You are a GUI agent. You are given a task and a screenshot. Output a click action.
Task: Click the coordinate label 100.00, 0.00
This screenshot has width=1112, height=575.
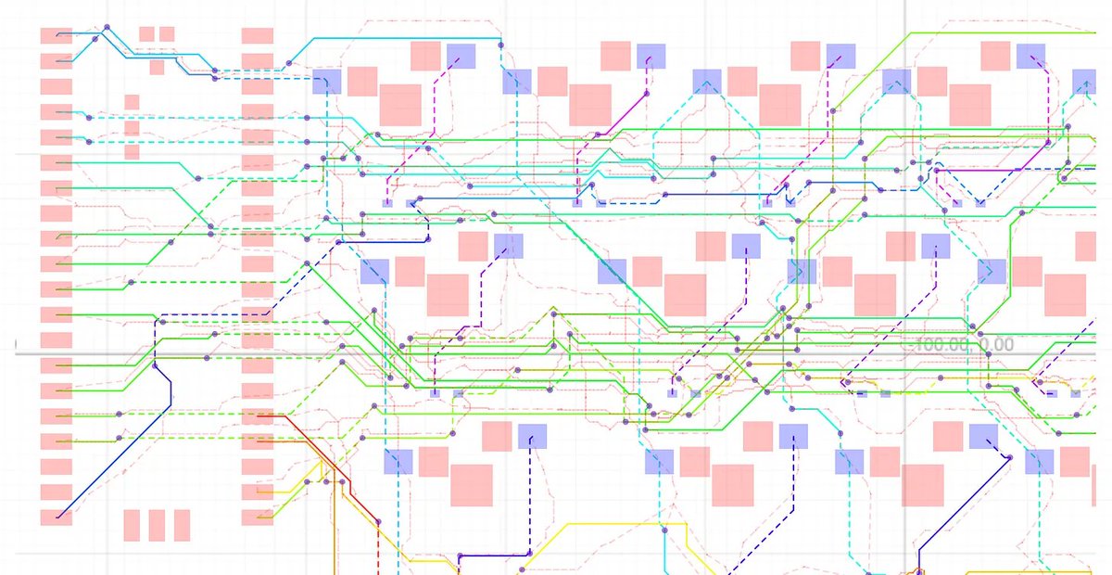coord(964,345)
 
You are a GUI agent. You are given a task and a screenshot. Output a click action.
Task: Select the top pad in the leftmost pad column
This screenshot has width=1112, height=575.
coord(56,36)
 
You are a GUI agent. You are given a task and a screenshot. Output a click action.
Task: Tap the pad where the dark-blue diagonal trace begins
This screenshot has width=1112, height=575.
coord(56,517)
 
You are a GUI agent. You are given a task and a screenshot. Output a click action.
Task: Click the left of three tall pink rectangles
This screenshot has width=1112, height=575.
coord(131,525)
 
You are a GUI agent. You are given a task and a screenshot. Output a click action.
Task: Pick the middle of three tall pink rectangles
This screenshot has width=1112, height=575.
coord(156,525)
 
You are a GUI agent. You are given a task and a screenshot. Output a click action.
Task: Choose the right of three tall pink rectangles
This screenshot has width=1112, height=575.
coord(182,525)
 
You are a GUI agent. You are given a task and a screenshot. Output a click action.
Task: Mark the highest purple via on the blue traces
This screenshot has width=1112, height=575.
coord(107,28)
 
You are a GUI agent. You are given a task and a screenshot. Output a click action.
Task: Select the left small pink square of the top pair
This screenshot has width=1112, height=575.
coord(146,34)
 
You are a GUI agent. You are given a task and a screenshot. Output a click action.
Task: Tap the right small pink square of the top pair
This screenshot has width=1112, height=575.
coord(167,34)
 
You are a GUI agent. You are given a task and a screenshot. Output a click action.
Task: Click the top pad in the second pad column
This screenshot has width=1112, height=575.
coord(258,36)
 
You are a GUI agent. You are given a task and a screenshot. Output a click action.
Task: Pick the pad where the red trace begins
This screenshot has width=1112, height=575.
coord(258,416)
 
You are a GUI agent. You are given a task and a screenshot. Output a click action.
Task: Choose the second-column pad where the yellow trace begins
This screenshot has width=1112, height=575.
coord(258,492)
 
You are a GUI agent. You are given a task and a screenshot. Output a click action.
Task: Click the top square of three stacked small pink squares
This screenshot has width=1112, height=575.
coord(132,101)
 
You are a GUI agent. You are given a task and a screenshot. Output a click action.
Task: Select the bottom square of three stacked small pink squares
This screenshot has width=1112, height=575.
coord(132,151)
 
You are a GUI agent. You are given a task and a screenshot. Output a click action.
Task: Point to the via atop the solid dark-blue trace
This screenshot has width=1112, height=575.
coord(160,321)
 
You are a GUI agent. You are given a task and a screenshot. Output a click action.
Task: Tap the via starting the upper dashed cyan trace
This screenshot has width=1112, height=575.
coord(89,117)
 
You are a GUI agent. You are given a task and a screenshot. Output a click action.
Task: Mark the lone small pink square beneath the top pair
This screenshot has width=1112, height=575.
coord(157,67)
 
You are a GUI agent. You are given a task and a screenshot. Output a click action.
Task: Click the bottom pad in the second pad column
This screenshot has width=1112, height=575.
coord(258,517)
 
